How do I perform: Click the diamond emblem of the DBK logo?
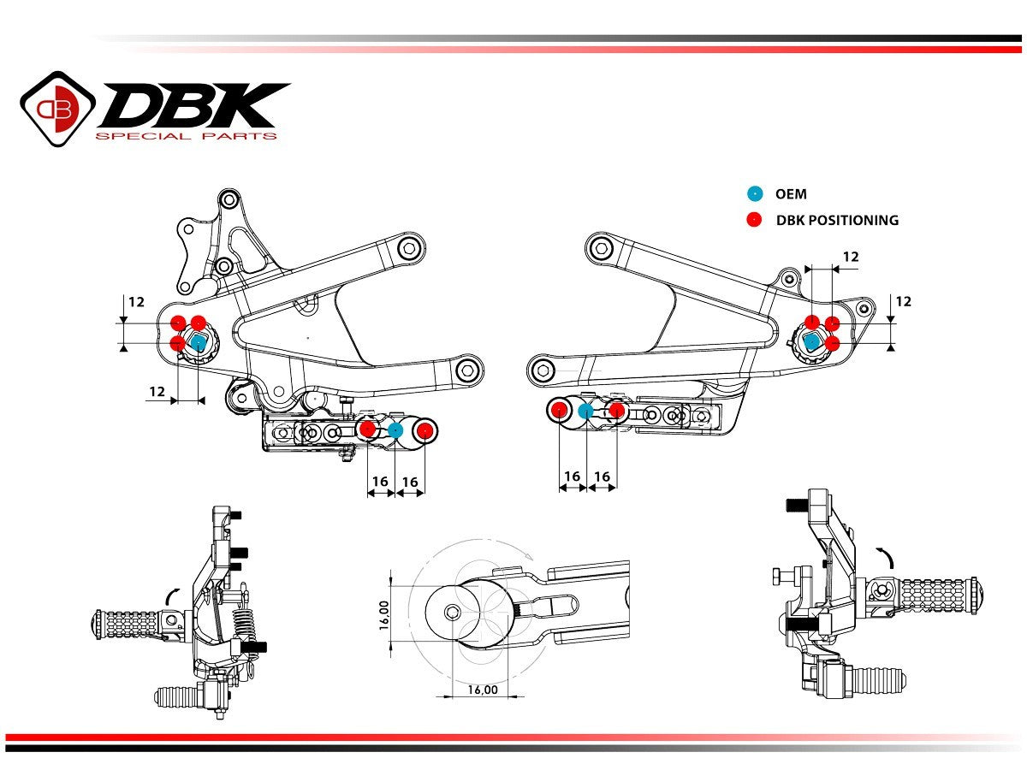[57, 107]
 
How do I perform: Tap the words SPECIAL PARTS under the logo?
[186, 136]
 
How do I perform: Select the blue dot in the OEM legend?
[754, 194]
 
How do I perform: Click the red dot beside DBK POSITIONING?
[754, 220]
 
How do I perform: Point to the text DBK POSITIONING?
[837, 220]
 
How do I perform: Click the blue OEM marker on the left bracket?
[198, 343]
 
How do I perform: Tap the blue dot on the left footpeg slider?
[395, 430]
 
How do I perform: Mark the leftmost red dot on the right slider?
[559, 411]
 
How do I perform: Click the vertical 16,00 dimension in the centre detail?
[385, 613]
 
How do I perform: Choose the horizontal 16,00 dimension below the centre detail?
[483, 690]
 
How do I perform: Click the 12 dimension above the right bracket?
[851, 257]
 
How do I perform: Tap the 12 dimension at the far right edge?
[904, 301]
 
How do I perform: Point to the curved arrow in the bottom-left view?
[172, 593]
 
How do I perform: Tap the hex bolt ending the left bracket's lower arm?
[466, 370]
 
